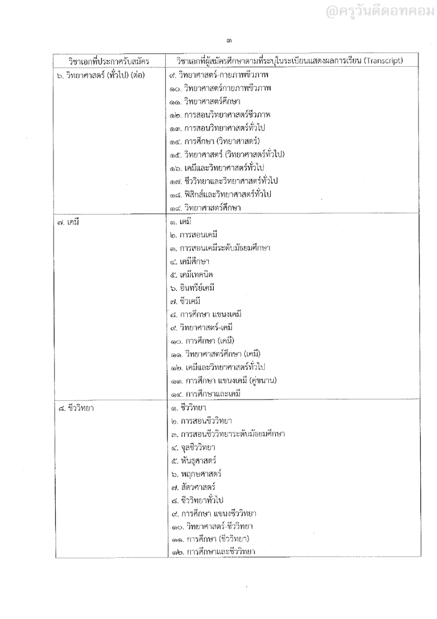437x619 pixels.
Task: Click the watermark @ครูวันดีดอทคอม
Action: click(382, 10)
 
